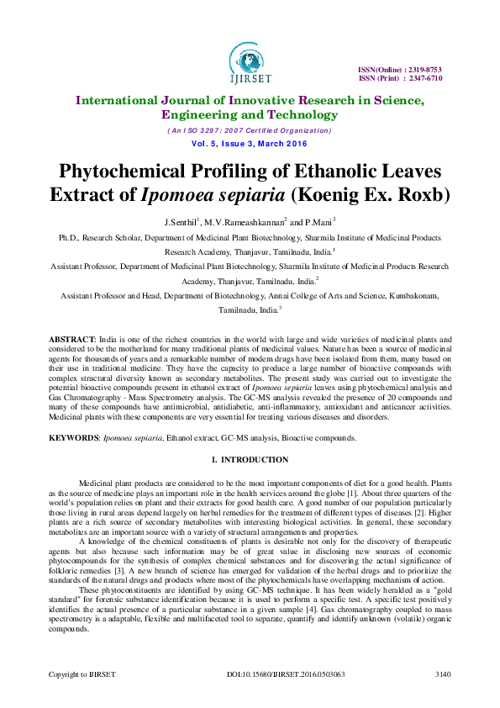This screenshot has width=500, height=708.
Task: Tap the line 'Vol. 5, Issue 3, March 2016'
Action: pyautogui.click(x=250, y=145)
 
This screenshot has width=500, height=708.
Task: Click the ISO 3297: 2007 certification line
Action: pyautogui.click(x=250, y=130)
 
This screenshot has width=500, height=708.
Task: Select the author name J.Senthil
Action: pyautogui.click(x=181, y=223)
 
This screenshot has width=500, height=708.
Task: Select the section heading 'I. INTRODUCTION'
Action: pyautogui.click(x=250, y=459)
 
